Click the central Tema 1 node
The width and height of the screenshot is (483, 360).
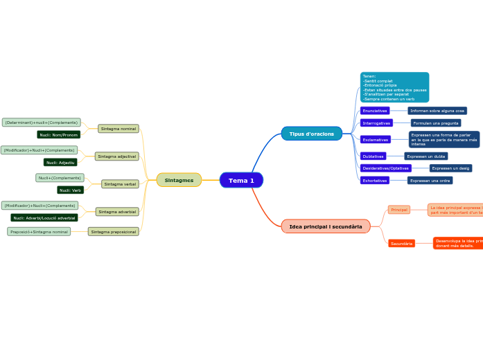point(241,181)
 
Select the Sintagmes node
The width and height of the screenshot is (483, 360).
point(179,180)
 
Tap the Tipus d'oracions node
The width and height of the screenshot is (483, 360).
point(312,134)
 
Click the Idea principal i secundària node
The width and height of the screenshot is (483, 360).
point(326,226)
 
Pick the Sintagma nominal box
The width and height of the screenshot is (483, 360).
point(118,129)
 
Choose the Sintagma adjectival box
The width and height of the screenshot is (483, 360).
point(116,156)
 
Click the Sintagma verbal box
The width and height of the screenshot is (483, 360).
point(120,184)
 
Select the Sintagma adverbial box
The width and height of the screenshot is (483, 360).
point(117,212)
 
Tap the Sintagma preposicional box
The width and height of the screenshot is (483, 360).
point(114,231)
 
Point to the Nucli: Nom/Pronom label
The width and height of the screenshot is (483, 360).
point(59,135)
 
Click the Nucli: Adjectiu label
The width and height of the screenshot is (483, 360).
point(61,163)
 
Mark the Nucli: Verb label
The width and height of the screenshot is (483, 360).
point(70,190)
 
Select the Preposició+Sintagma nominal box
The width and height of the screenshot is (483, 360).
point(39,231)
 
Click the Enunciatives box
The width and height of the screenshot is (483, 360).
point(375,111)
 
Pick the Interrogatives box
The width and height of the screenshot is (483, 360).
point(376,123)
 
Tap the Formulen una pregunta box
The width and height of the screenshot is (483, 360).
point(436,123)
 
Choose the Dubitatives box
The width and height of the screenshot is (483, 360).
point(373,156)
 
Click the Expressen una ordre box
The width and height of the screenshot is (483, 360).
point(430,181)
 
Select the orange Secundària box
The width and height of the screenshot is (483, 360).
point(401,244)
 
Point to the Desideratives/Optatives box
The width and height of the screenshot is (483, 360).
point(385,168)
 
